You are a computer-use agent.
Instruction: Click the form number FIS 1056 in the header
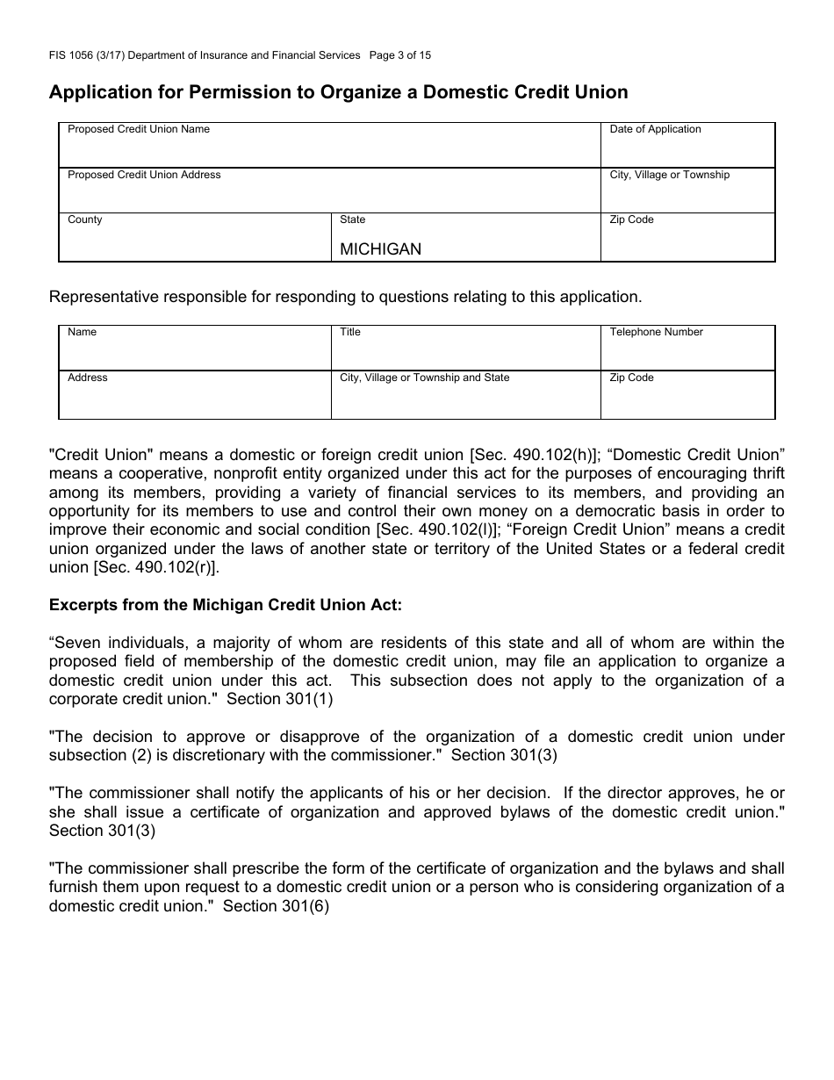pos(74,55)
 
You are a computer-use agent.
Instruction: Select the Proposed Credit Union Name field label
pos(139,129)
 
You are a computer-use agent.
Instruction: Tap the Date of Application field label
pos(655,129)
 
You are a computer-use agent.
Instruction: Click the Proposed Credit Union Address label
pos(144,175)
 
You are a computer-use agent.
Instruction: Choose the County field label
pos(85,220)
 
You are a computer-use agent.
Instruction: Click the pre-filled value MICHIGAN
pos(380,248)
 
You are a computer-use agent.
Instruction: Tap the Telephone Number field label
pos(656,332)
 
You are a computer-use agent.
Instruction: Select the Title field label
pos(350,332)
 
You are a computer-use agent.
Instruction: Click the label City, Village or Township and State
pos(424,378)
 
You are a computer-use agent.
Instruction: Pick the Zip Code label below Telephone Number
pos(631,378)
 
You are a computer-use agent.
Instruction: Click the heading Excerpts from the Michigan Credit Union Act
pos(226,605)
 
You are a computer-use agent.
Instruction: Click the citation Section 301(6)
pos(276,906)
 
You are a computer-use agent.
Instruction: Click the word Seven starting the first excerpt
pos(76,643)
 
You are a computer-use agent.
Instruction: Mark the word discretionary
pos(215,755)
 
